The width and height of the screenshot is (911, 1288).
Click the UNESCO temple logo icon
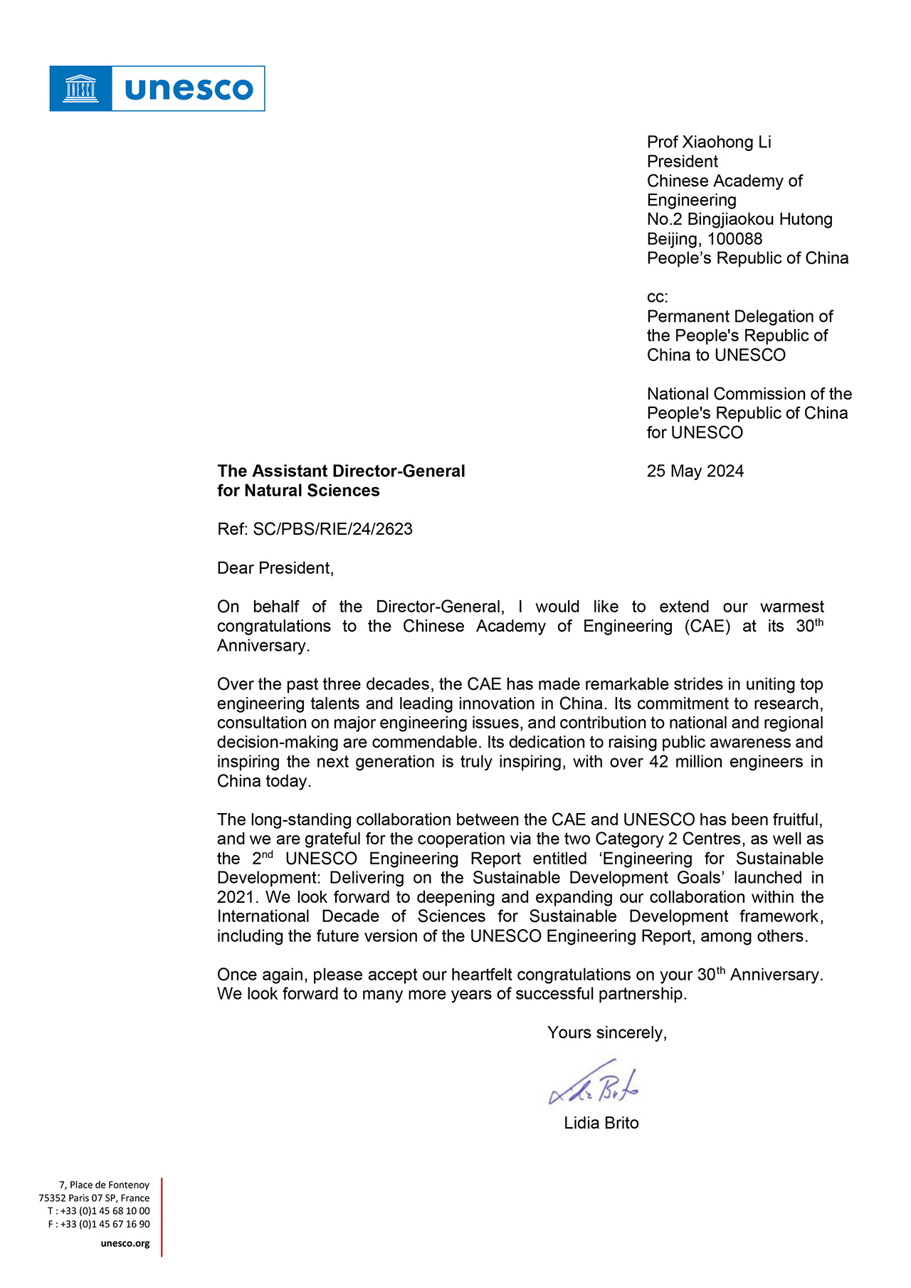click(80, 89)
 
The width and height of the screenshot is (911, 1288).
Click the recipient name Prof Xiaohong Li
click(708, 142)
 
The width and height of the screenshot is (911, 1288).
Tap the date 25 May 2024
click(695, 471)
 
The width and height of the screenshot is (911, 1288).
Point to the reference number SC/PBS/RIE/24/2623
click(332, 529)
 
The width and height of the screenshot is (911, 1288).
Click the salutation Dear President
click(275, 568)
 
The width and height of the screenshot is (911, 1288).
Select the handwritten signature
click(594, 1084)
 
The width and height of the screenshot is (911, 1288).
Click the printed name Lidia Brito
click(601, 1124)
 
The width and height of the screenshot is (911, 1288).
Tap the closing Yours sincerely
click(606, 1033)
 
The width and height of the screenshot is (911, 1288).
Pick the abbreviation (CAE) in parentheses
click(707, 627)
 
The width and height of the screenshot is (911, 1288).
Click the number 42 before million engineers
click(659, 762)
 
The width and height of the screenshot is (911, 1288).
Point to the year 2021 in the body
click(235, 897)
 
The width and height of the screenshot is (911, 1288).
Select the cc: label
click(657, 297)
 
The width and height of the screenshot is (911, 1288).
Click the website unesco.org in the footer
click(125, 1243)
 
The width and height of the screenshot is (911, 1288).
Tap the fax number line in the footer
click(99, 1224)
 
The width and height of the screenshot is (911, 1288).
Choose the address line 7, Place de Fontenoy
click(104, 1185)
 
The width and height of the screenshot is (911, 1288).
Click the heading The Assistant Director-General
click(341, 471)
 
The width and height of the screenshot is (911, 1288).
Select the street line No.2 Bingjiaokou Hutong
click(739, 219)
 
